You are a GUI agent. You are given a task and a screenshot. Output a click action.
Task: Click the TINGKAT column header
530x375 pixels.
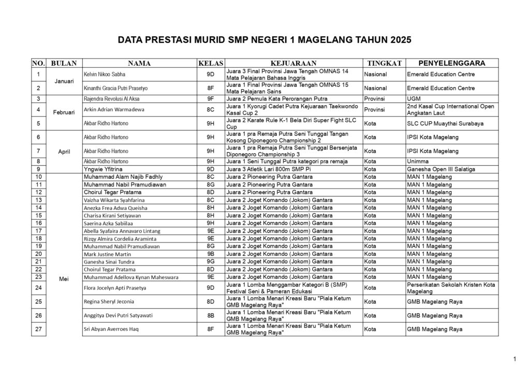tap(384, 63)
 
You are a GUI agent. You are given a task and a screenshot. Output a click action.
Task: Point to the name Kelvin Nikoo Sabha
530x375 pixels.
tap(105, 75)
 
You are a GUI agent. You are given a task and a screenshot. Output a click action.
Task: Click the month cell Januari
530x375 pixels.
tap(64, 81)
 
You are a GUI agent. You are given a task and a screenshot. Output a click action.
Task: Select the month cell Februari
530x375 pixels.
tap(64, 112)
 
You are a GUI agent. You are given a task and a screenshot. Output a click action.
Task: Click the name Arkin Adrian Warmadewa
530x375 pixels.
tap(114, 110)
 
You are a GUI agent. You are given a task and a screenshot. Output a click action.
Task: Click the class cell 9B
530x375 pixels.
tap(211, 254)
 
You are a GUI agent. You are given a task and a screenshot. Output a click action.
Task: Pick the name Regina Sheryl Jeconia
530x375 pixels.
tap(109, 301)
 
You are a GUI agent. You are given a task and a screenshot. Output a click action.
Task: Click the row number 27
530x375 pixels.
tap(38, 329)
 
